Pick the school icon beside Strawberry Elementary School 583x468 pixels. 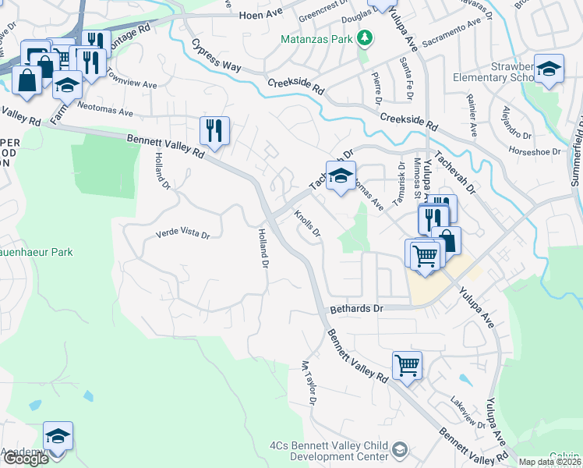(548, 69)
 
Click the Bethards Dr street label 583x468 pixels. (357, 309)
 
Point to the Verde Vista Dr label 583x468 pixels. (183, 233)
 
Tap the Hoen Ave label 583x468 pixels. (260, 15)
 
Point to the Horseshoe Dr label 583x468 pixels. (534, 150)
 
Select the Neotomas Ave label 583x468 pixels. (105, 112)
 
